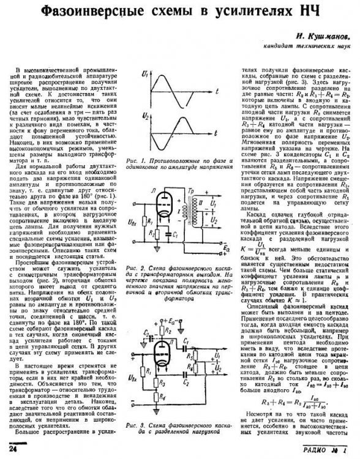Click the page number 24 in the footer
12,450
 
